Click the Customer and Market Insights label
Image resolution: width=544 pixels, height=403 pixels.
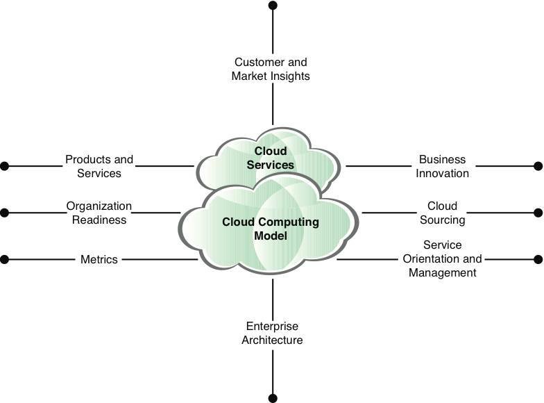point(271,69)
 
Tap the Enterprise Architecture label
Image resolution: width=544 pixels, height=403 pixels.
point(272,333)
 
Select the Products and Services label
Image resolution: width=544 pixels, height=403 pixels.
point(99,166)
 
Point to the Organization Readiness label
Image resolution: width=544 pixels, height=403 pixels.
point(99,213)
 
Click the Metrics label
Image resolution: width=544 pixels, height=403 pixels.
point(99,259)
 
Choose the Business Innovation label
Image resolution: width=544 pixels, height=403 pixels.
point(443,166)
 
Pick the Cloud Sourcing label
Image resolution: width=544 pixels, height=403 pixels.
point(443,213)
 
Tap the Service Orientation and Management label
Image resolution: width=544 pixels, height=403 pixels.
point(443,258)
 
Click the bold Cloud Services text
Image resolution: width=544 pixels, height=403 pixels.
point(271,158)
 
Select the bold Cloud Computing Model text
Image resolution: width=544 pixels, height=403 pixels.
point(271,229)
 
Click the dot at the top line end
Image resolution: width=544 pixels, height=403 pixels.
point(273,6)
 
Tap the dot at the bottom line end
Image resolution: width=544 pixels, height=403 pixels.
point(273,398)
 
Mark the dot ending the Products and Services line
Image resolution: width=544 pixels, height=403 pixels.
point(4,166)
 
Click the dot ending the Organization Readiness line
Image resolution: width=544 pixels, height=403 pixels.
point(4,213)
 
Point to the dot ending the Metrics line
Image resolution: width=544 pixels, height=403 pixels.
point(4,259)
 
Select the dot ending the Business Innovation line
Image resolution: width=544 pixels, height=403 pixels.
point(538,166)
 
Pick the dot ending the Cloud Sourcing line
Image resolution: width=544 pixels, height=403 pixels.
point(538,213)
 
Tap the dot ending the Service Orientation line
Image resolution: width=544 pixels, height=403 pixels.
point(538,259)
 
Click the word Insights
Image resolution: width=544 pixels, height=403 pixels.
point(290,76)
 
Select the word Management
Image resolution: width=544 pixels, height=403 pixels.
point(443,272)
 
